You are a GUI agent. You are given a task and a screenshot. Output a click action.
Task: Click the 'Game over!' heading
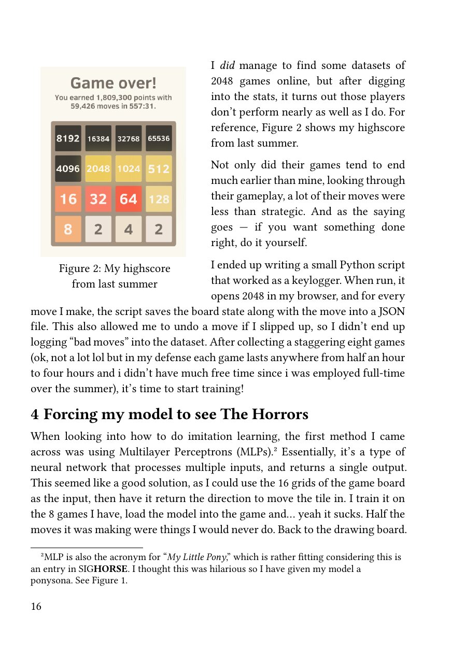[x=113, y=83]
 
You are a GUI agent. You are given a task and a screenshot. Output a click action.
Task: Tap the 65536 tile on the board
[x=159, y=138]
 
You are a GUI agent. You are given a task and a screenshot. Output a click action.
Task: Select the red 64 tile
[x=129, y=199]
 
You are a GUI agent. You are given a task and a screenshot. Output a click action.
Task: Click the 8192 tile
[x=68, y=138]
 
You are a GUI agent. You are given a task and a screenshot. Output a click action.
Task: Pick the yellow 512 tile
[x=159, y=169]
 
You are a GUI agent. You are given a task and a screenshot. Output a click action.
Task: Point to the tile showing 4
[x=129, y=229]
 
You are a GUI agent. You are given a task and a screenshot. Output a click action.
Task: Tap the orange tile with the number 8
[x=68, y=229]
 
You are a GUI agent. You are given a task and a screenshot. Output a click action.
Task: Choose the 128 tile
[x=159, y=199]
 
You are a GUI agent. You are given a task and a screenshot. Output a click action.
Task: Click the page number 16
[x=36, y=607]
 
